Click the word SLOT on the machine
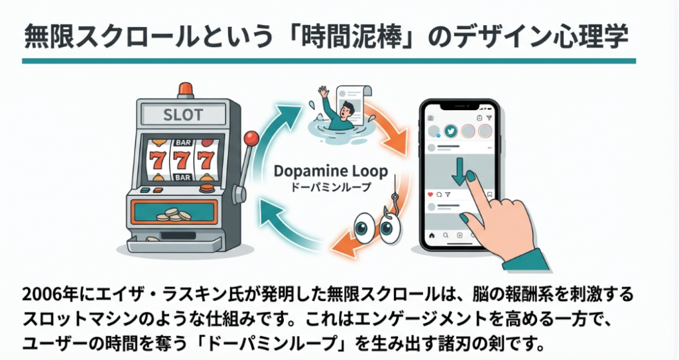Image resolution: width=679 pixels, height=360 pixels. [x=182, y=113]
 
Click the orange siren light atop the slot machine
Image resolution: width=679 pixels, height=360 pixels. [x=184, y=90]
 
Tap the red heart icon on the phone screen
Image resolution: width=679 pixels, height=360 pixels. [x=430, y=194]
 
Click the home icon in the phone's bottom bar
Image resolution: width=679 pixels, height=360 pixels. [x=432, y=235]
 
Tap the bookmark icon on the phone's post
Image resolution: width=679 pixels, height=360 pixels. [x=489, y=195]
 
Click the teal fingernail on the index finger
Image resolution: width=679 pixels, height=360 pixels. [x=471, y=176]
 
